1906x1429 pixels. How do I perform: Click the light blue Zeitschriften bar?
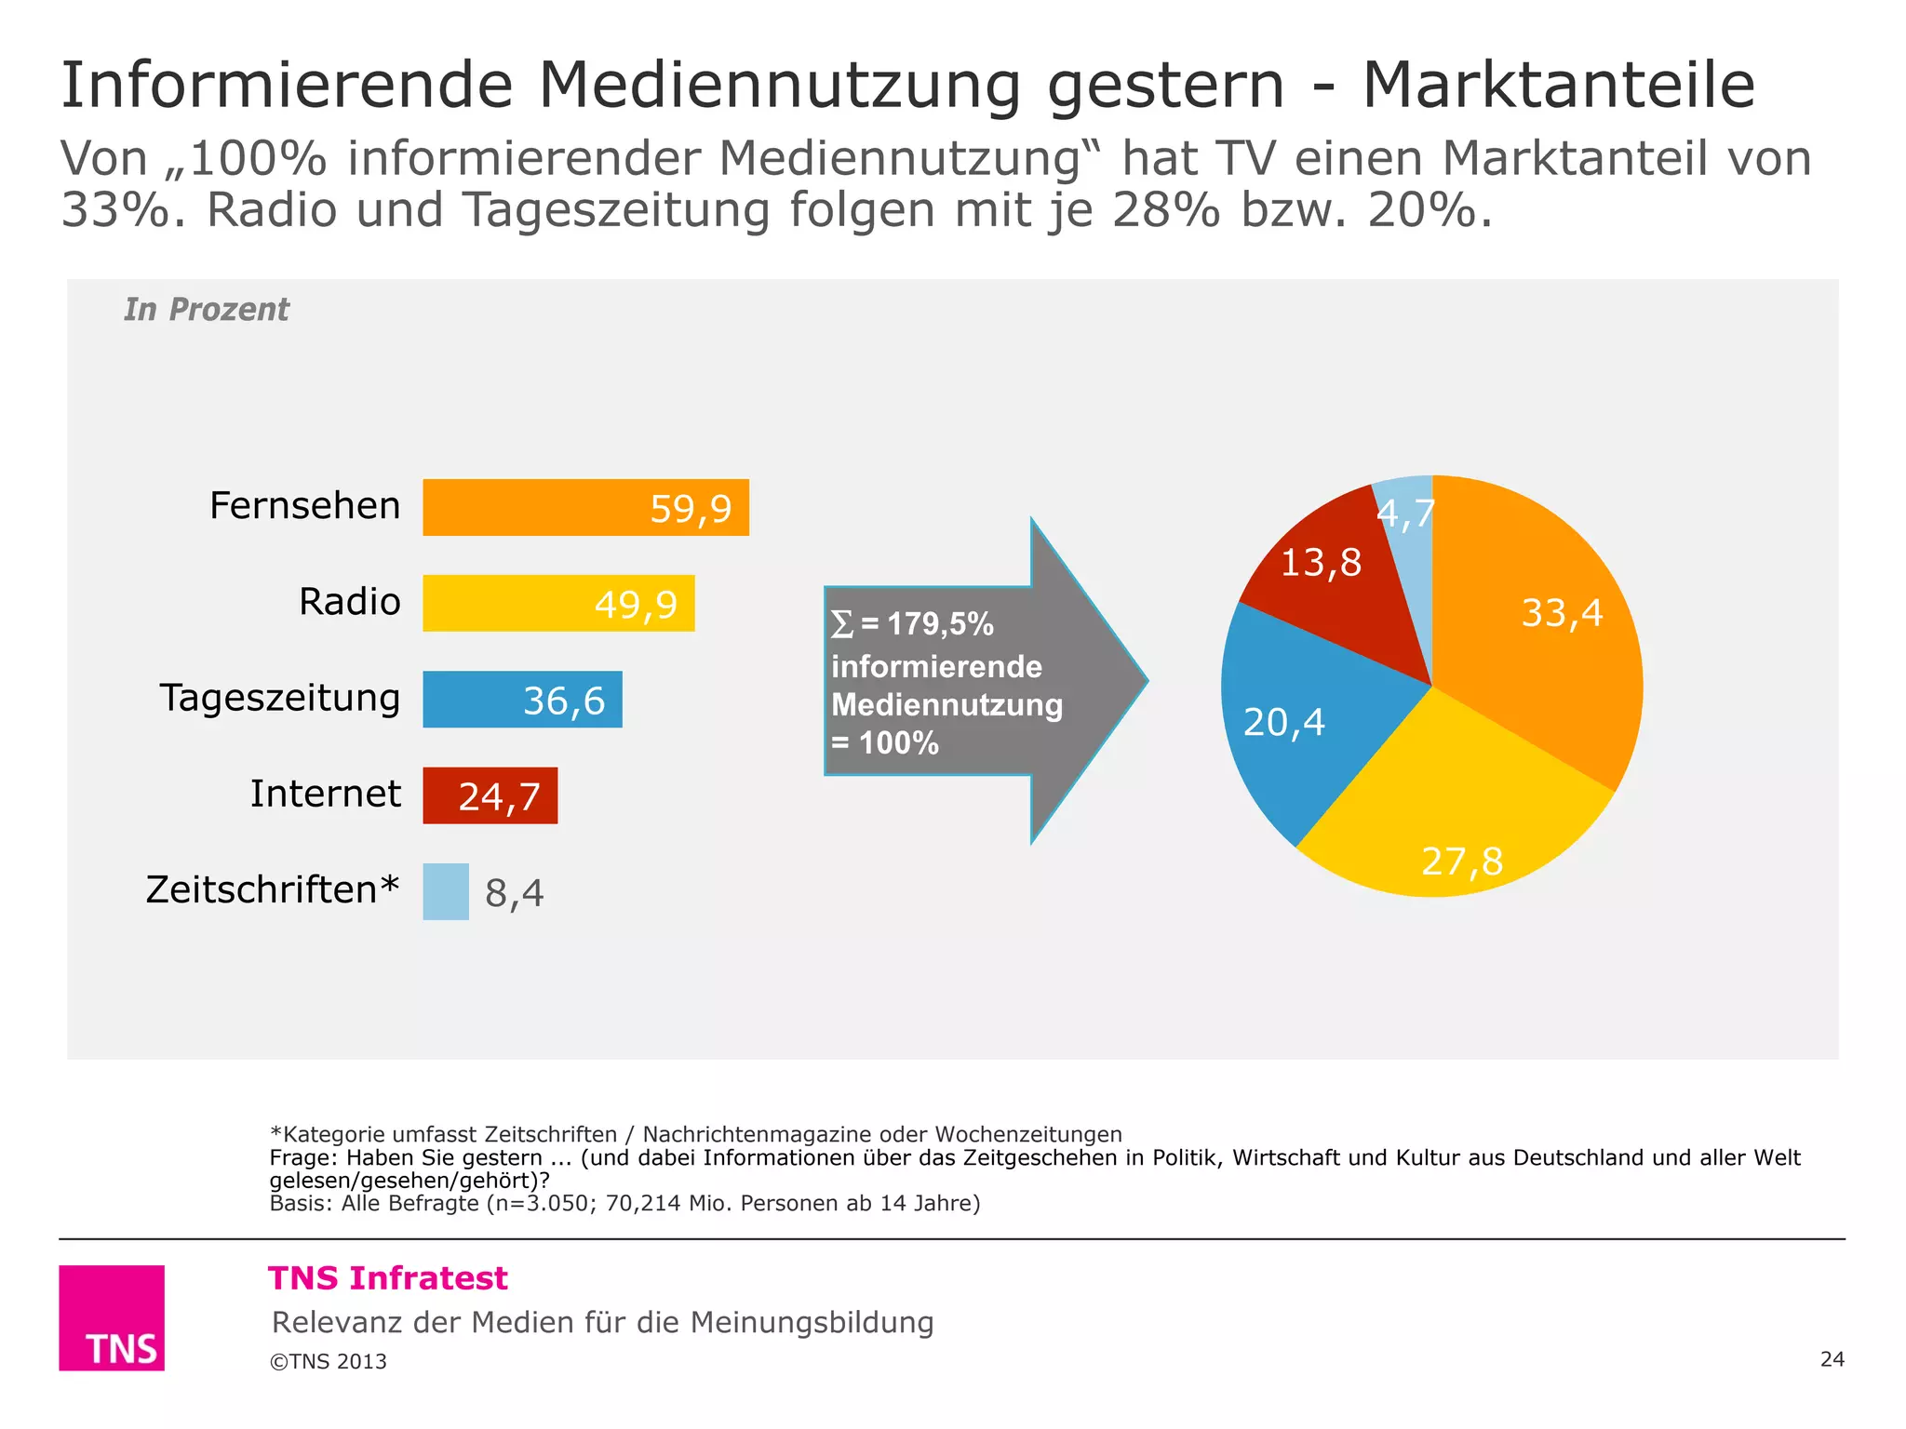pos(446,891)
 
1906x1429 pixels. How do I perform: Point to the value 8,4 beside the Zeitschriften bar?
pos(514,893)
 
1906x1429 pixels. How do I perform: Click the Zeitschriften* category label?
pos(272,889)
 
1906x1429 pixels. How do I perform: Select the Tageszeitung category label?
pos(279,698)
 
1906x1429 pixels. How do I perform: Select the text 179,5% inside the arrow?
pos(940,624)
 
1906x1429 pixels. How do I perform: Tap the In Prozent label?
pos(207,309)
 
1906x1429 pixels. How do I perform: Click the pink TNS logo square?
pos(112,1317)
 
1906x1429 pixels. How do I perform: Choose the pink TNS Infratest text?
pos(388,1278)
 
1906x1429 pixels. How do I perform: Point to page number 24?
pos(1832,1359)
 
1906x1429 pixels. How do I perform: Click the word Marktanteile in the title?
pos(1559,86)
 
